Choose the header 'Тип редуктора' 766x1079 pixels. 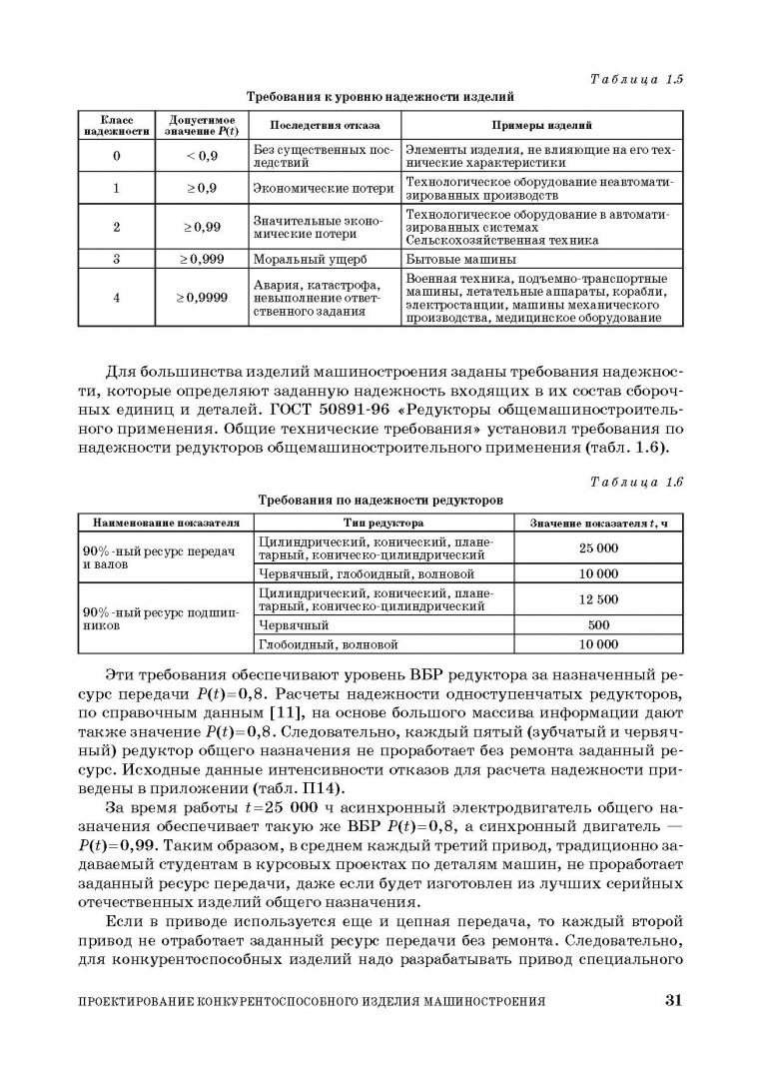(383, 523)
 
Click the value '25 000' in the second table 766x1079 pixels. (598, 547)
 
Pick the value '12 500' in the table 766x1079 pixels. (598, 599)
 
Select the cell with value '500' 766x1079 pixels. (598, 625)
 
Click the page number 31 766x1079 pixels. (672, 1001)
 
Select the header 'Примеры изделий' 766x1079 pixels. (541, 125)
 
